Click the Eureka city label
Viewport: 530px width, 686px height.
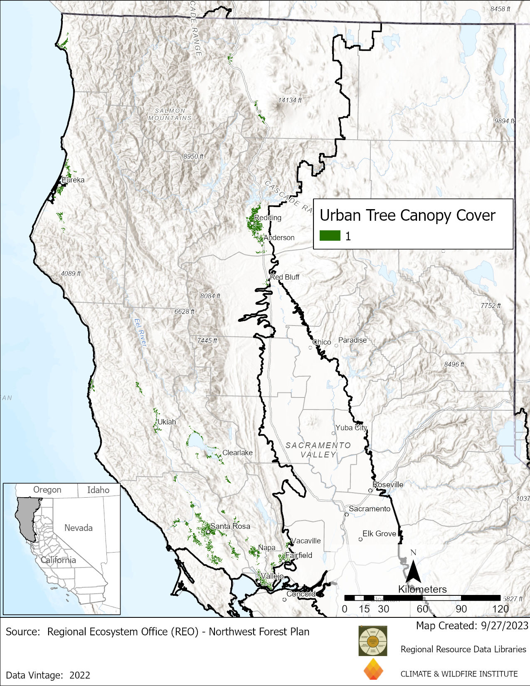click(x=73, y=180)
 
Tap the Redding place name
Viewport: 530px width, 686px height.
click(x=268, y=217)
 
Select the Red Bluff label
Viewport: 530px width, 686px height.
click(x=285, y=277)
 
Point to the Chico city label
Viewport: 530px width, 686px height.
click(x=322, y=342)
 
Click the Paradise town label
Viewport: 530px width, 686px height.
click(x=353, y=340)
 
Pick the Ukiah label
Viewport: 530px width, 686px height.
click(x=167, y=422)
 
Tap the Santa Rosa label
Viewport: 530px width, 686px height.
click(x=230, y=526)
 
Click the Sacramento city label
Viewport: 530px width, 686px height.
click(x=370, y=508)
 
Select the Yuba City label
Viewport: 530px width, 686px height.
click(x=351, y=427)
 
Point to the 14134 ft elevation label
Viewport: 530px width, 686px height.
click(x=290, y=100)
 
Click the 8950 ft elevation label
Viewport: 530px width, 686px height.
click(x=193, y=156)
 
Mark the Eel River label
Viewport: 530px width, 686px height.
click(x=141, y=332)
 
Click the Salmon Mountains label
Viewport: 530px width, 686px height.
click(x=170, y=114)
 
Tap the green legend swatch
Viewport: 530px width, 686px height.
click(x=330, y=236)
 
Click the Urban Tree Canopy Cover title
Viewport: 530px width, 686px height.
click(x=407, y=215)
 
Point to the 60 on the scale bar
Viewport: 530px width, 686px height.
click(x=422, y=609)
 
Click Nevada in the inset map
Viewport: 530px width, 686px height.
click(x=78, y=528)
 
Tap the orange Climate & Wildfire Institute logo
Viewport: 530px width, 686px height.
click(x=373, y=669)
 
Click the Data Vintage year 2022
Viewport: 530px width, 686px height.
click(x=80, y=675)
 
